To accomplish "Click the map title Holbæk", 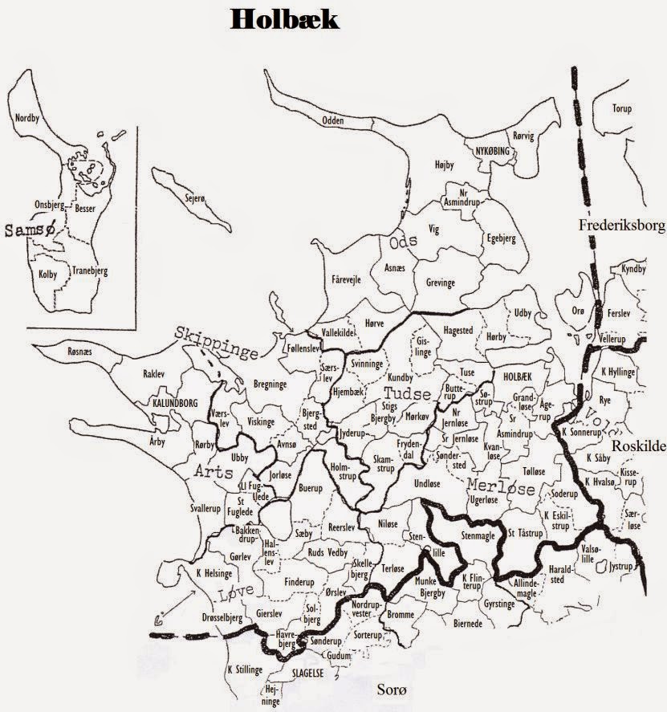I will point(284,19).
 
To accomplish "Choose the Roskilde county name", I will point(638,447).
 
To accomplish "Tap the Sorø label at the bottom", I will point(393,690).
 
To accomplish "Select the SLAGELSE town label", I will point(307,674).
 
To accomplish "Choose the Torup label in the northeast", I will point(621,108).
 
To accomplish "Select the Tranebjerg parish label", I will point(88,271).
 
